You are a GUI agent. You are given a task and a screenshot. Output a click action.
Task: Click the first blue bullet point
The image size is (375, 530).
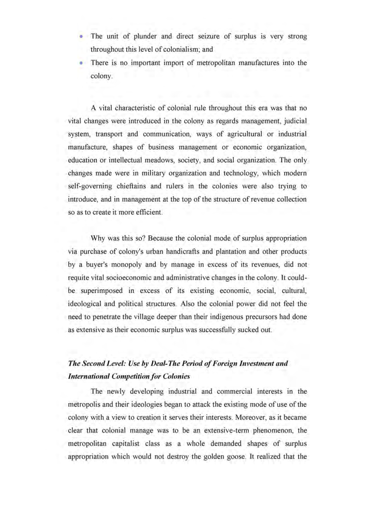point(81,37)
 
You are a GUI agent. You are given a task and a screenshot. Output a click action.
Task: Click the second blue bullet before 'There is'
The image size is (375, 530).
point(81,63)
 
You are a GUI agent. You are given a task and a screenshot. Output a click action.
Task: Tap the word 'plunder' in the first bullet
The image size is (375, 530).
point(145,36)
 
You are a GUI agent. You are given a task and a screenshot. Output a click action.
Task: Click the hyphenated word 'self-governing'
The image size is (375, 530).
point(90,186)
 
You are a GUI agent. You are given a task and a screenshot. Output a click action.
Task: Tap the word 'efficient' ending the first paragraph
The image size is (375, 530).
point(146,212)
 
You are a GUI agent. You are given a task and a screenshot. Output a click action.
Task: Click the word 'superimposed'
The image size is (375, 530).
point(101,290)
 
